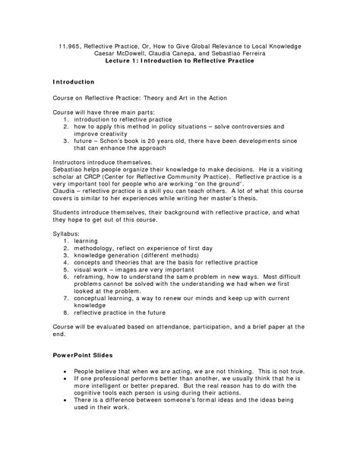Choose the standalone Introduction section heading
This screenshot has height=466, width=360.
(x=74, y=81)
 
